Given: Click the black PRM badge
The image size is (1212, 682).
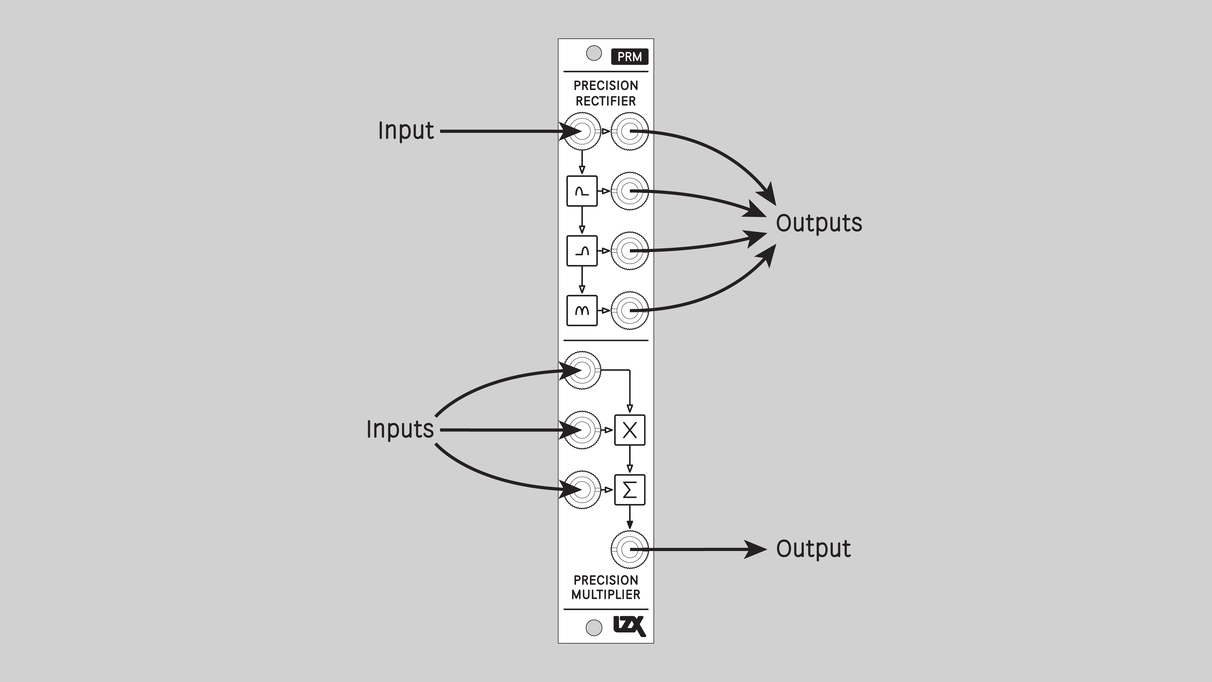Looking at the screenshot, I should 629,57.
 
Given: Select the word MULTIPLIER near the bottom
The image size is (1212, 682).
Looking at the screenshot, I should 606,594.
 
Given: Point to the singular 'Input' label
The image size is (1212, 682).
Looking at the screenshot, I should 406,131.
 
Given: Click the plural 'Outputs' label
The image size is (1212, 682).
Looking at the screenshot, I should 819,223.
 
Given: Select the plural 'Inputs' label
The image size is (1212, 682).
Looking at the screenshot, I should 400,429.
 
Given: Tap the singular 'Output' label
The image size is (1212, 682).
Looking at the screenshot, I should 813,549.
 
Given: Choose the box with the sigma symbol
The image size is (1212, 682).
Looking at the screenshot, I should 629,490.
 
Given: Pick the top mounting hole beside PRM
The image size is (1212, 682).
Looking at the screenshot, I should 594,53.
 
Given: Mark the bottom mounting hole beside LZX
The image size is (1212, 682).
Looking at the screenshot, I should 594,627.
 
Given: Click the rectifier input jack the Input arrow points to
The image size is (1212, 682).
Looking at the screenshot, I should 582,131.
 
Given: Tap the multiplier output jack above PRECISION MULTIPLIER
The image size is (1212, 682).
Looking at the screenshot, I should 629,549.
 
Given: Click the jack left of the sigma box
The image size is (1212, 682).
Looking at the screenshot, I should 582,490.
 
